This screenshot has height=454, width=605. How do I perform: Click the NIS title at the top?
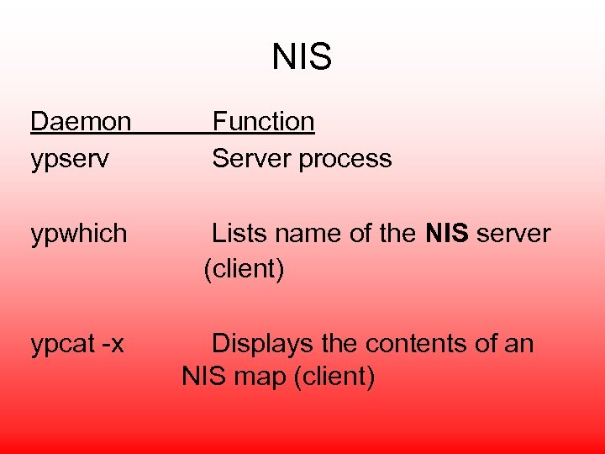point(302,57)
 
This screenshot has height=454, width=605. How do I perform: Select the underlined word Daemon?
point(81,122)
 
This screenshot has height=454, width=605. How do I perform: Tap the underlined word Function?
point(263,122)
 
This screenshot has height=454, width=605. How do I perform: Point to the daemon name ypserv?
point(70,159)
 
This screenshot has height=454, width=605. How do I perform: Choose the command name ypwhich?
point(79,233)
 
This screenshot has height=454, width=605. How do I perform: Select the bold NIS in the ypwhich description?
point(447,233)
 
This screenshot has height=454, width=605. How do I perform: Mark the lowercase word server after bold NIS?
point(513,233)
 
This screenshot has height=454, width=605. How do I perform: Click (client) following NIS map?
point(334,377)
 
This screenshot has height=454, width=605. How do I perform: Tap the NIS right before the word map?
point(205,376)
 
